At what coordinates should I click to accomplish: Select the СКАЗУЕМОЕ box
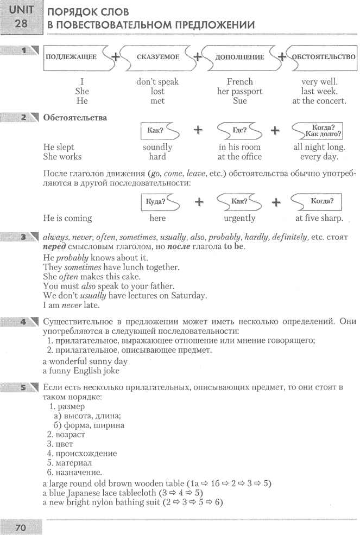157,56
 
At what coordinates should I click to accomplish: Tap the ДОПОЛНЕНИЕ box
239,56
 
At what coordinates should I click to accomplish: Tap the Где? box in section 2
239,130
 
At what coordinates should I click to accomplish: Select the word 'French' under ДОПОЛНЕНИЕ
239,82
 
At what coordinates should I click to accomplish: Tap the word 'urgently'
239,218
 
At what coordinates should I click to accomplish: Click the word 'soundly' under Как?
157,147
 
